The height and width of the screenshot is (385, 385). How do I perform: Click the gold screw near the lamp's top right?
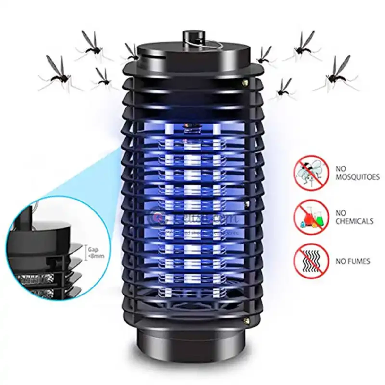(x=246, y=82)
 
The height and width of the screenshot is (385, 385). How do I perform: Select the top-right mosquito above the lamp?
(x=302, y=47)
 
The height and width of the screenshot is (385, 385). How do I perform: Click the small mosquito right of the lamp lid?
(x=265, y=56)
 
